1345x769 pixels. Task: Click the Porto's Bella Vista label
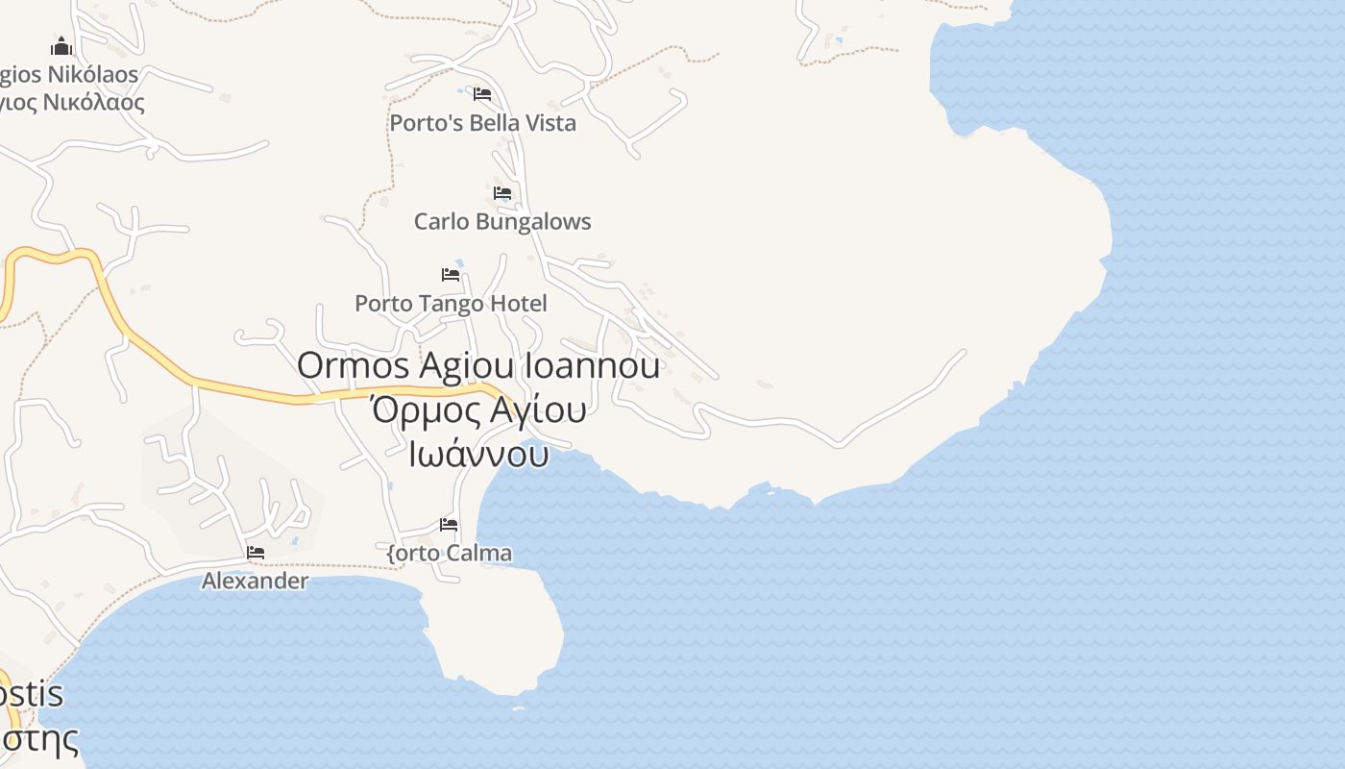tap(482, 123)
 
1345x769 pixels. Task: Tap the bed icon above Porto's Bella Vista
tap(482, 94)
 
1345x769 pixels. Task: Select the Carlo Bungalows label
tap(502, 221)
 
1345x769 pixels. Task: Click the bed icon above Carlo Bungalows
tap(502, 193)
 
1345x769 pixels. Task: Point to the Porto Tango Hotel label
tap(451, 304)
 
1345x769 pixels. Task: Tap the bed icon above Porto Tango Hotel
tap(451, 275)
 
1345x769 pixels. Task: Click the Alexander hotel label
tap(255, 581)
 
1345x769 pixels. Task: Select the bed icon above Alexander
tap(256, 553)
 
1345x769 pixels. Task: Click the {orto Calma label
tap(449, 554)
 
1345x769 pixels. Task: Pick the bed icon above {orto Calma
tap(449, 525)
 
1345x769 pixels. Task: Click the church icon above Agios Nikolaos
tap(61, 46)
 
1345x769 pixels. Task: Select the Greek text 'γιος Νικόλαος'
tap(73, 102)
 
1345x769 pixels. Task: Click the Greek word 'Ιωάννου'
tap(478, 454)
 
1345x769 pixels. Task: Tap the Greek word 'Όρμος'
tap(414, 410)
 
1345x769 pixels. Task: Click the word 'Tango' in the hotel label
tap(452, 304)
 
